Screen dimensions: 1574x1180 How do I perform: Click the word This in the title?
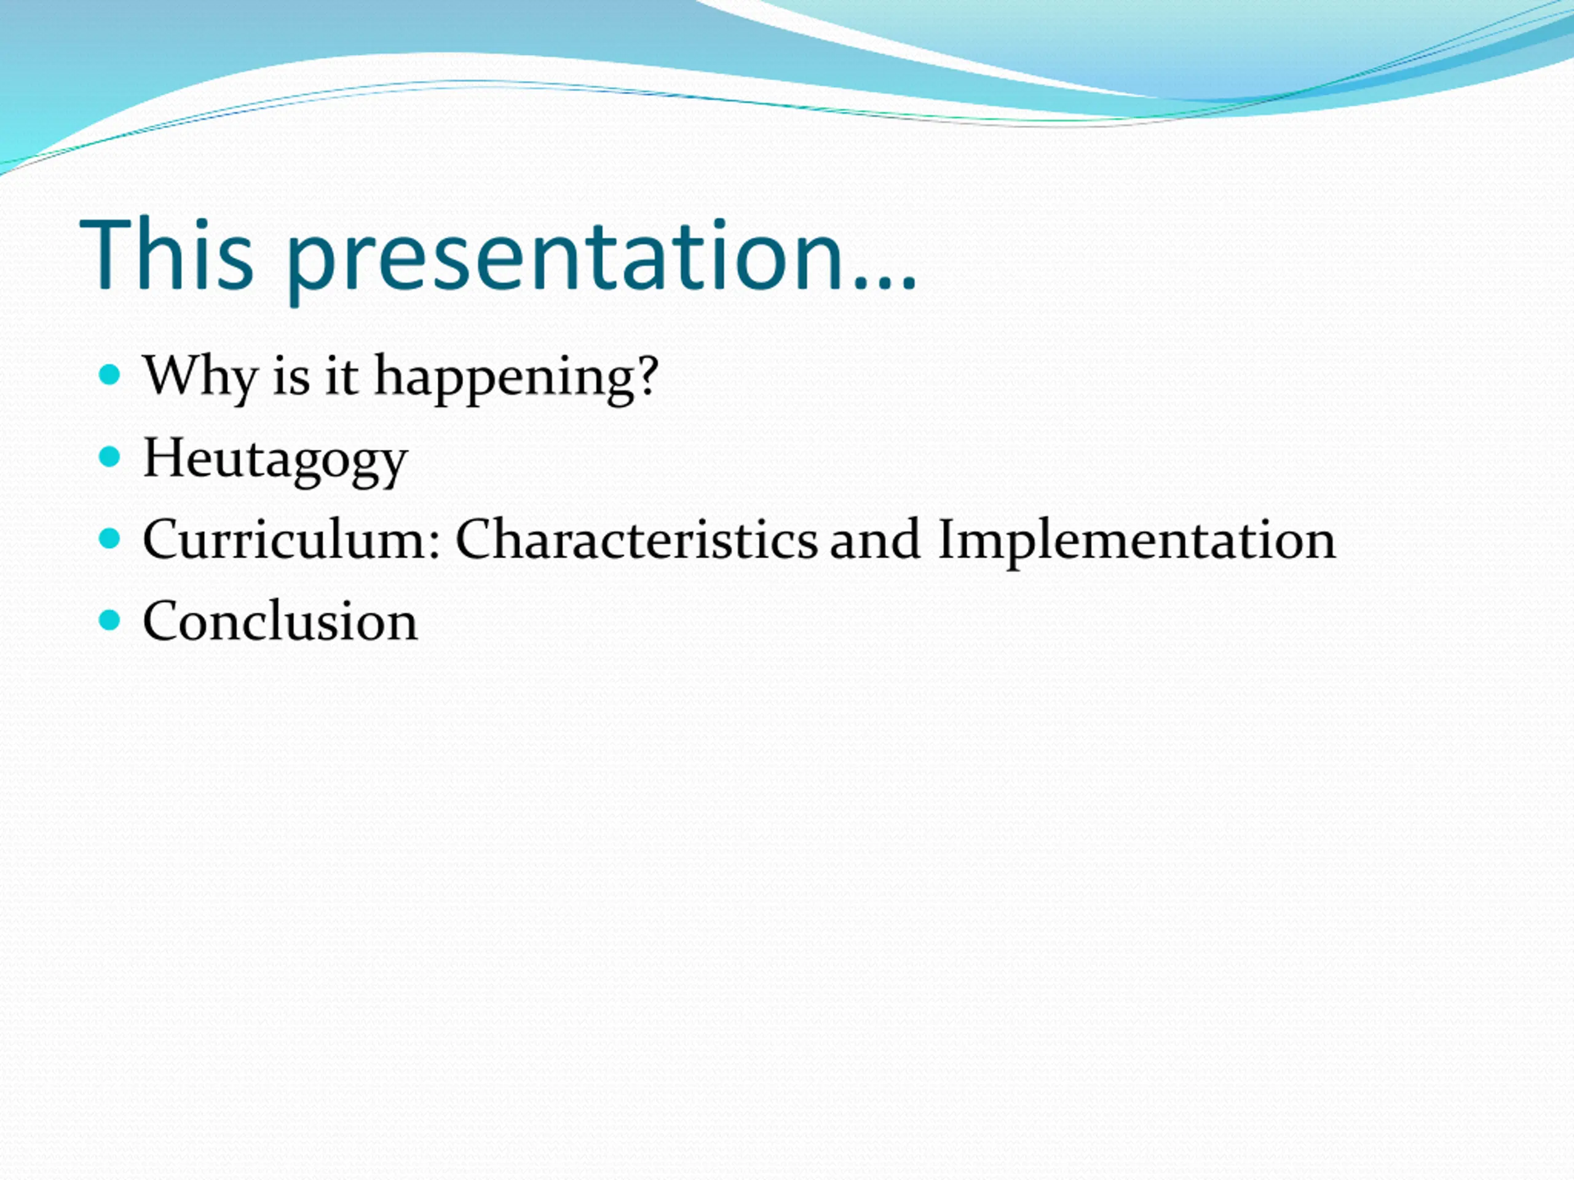(167, 253)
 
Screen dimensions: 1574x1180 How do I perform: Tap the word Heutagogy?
(275, 460)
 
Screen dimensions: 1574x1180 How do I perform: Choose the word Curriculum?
(285, 540)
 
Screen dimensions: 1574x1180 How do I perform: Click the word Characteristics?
(637, 540)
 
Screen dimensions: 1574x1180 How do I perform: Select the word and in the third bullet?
(876, 540)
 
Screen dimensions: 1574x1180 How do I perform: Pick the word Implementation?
(1137, 542)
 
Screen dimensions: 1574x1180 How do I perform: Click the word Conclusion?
(280, 621)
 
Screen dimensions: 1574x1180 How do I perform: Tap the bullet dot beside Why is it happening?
(109, 375)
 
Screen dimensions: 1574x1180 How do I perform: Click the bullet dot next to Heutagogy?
(109, 457)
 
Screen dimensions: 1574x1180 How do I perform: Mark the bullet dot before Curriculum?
(109, 538)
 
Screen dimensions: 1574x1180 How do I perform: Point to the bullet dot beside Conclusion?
(109, 620)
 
